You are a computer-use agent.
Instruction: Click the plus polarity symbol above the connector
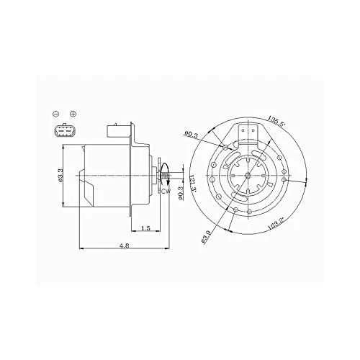click(73, 114)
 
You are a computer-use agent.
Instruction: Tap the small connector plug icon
click(65, 133)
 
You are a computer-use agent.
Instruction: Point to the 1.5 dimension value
click(145, 228)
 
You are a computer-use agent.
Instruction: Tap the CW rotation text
click(166, 191)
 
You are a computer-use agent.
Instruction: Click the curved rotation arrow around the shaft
click(166, 179)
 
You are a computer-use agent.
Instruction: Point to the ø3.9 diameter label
click(207, 235)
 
